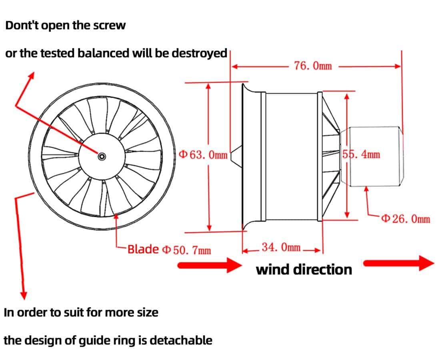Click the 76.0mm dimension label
[x=313, y=66]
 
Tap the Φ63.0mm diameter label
[x=203, y=155]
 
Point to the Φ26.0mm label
[x=406, y=219]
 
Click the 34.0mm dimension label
[x=281, y=248]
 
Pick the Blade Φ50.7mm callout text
[x=169, y=250]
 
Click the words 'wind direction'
[x=304, y=269]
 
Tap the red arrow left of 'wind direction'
[x=210, y=265]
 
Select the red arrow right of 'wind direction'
[x=398, y=263]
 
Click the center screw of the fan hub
[x=102, y=156]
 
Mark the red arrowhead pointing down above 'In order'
[x=24, y=295]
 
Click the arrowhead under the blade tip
[x=116, y=216]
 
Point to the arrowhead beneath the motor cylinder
[x=366, y=189]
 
